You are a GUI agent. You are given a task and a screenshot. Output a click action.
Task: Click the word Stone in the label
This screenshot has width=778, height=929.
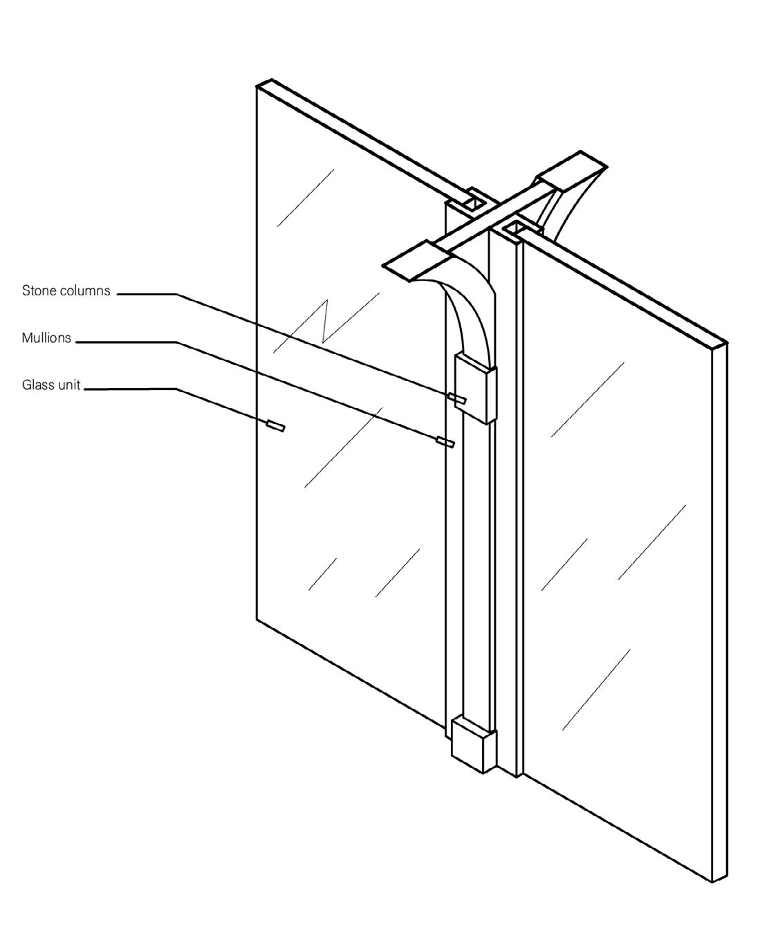pos(37,291)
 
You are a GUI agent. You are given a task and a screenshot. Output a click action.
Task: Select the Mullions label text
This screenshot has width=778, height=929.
pos(46,339)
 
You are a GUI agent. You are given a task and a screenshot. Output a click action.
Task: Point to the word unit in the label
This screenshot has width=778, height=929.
pos(69,385)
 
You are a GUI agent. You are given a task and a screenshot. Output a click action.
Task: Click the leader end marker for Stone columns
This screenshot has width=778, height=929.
pos(457,398)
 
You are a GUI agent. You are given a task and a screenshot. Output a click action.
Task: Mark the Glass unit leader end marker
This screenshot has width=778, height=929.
pos(275,425)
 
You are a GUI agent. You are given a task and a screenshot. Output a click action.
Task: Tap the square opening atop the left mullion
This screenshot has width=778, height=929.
pos(474,203)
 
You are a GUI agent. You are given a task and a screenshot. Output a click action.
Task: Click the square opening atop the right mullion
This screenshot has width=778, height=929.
pos(515,228)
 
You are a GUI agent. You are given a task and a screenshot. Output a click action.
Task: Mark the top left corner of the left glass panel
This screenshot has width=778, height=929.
pos(257,86)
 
